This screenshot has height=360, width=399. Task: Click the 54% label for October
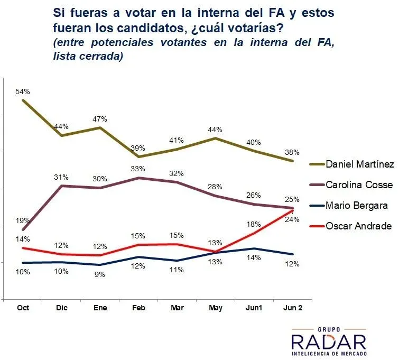[23, 91]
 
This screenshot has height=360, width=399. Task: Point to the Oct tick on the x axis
[23, 308]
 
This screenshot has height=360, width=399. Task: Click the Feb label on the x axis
[138, 308]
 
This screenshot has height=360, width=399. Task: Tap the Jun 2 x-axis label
[293, 308]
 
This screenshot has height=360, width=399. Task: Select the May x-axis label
[216, 308]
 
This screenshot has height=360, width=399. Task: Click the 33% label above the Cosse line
[138, 170]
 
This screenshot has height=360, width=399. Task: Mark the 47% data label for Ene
[100, 119]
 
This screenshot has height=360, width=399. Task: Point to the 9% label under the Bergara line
[100, 274]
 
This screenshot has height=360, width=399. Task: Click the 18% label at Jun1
[254, 224]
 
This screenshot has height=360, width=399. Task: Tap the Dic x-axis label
[61, 308]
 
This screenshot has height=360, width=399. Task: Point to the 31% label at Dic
[61, 177]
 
